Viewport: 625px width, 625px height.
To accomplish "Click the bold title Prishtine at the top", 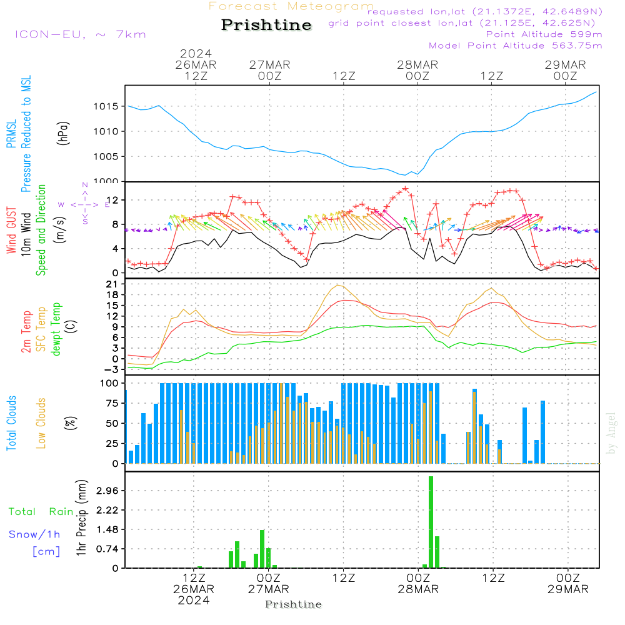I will pos(266,25).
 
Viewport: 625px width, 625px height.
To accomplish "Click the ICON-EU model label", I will pos(80,34).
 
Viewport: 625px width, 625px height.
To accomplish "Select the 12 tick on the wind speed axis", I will pos(114,200).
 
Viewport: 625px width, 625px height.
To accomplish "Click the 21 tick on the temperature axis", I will pos(114,284).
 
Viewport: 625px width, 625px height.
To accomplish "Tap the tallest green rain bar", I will pos(431,522).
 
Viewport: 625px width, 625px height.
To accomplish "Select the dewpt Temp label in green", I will pos(56,329).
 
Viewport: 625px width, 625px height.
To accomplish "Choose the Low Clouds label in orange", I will pos(42,423).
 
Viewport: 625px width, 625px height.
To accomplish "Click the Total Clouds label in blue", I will pos(11,423).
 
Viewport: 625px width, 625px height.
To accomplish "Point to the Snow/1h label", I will pos(35,534).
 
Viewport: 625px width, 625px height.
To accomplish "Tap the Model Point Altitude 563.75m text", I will pos(515,46).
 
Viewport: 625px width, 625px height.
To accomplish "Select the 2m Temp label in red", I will pos(26,331).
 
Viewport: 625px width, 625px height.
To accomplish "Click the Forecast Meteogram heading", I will pos(291,6).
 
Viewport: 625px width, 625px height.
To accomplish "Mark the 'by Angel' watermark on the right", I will pos(611,433).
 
